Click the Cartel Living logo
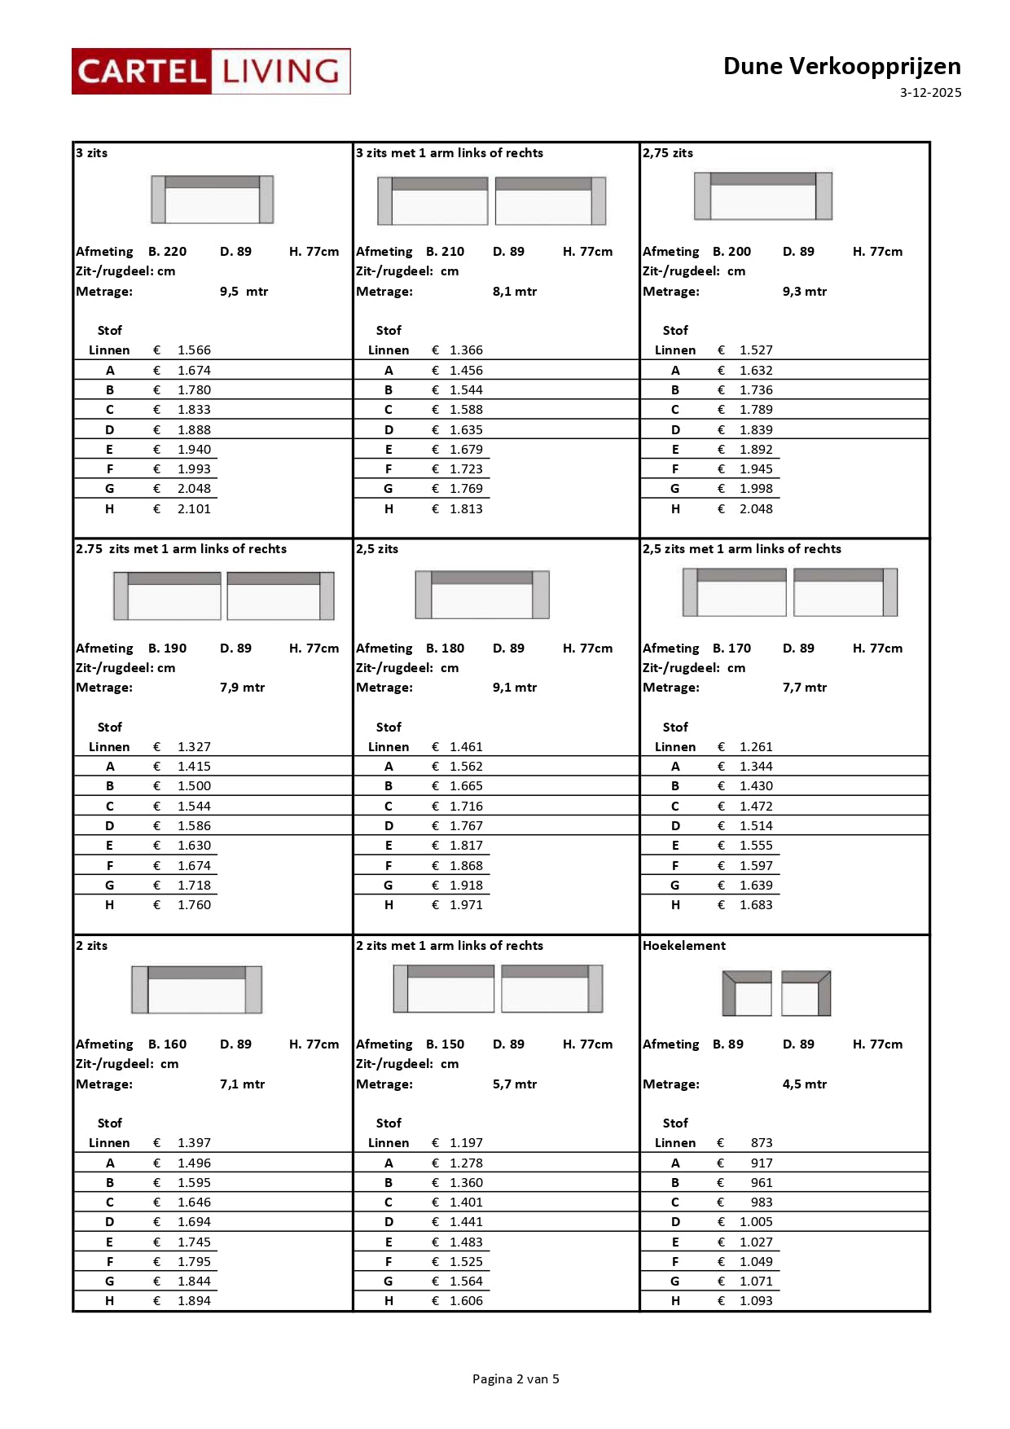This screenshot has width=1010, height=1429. (211, 72)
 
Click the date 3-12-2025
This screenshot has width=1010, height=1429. (930, 93)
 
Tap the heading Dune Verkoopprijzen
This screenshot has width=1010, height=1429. (841, 66)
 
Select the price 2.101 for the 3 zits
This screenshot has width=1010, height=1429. (194, 509)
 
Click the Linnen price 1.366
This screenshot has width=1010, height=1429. (466, 350)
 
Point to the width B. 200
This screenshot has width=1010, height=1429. (731, 252)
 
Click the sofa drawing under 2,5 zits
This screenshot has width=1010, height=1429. (482, 594)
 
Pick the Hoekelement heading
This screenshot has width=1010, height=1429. (684, 946)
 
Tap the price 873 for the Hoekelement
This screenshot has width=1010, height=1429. (762, 1143)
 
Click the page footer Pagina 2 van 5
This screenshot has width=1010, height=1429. (516, 1379)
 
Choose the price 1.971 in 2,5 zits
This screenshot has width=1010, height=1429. (466, 905)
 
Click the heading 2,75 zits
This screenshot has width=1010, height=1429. (668, 153)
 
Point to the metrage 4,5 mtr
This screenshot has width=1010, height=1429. (804, 1084)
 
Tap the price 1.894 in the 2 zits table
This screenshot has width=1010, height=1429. (194, 1301)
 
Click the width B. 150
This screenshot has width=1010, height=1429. (445, 1044)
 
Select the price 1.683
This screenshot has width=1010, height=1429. (756, 905)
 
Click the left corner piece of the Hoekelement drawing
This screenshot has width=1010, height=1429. (747, 993)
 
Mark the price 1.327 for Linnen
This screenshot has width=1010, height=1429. (194, 747)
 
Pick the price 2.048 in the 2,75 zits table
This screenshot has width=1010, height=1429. (756, 509)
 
